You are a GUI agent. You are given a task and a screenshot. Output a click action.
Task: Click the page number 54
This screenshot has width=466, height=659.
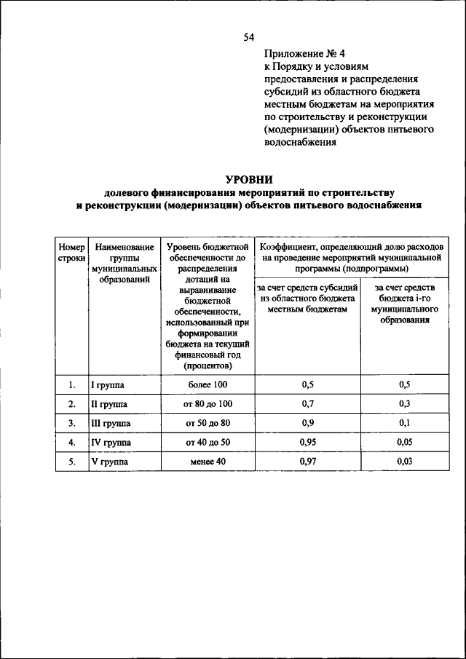pyautogui.click(x=249, y=36)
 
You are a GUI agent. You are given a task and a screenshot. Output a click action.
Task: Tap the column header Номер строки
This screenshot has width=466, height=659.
pyautogui.click(x=71, y=253)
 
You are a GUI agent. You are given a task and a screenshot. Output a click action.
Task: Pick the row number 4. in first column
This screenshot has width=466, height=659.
pyautogui.click(x=71, y=442)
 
